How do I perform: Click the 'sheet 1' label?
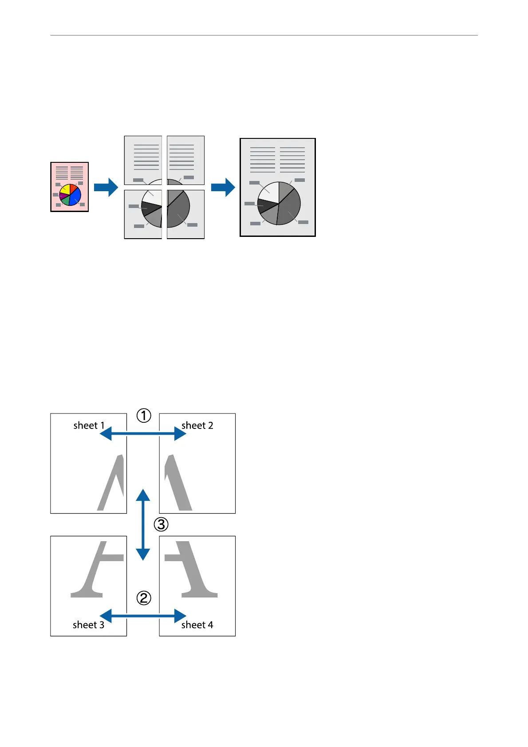(x=89, y=425)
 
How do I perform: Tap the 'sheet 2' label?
(x=197, y=425)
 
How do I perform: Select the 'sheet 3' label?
(x=88, y=625)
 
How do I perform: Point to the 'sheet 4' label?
(x=197, y=625)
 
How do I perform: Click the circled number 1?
(x=144, y=416)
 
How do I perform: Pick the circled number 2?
(x=144, y=598)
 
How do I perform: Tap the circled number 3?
(x=161, y=525)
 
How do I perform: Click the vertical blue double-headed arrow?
(x=143, y=525)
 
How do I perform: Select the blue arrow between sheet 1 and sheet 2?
(x=143, y=433)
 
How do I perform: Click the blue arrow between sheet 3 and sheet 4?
(x=143, y=616)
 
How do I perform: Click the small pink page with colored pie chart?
(x=69, y=187)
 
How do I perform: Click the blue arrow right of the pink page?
(x=106, y=187)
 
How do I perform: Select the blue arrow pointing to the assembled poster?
(x=223, y=187)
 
